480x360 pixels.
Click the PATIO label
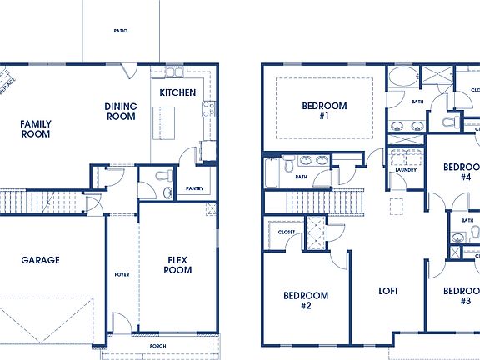point(121,31)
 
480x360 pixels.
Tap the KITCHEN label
point(177,92)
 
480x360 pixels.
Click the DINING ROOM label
point(121,112)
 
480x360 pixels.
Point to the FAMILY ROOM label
point(36,128)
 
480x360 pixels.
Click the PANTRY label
point(196,188)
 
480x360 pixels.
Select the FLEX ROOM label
point(177,264)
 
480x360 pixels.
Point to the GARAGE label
point(40,260)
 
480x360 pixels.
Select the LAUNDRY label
point(406,170)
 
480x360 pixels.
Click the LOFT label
point(387,292)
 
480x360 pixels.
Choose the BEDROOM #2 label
point(305,300)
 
